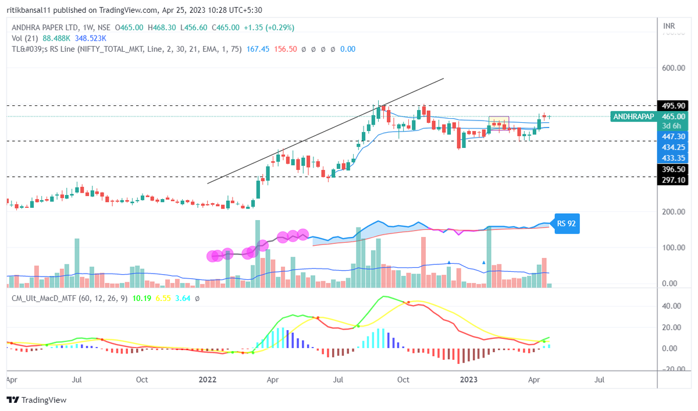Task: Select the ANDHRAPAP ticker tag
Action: pos(633,116)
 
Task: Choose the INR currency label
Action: pos(669,26)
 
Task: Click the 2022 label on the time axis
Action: pos(208,379)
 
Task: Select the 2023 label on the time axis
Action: pos(469,379)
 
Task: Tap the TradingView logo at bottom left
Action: pos(37,400)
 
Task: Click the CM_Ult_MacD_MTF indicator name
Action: pos(44,297)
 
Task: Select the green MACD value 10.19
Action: pos(142,297)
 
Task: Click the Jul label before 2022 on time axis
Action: pos(76,379)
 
